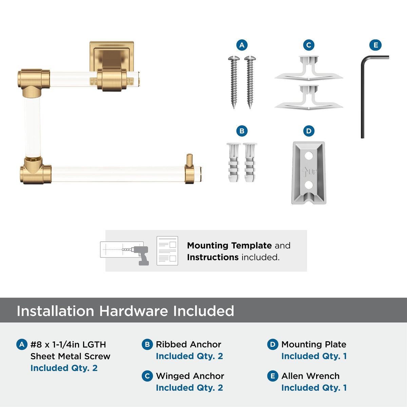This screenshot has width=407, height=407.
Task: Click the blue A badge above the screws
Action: point(242,45)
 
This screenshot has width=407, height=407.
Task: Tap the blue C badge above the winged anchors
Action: point(309,45)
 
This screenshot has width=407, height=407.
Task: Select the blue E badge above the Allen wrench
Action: point(375,45)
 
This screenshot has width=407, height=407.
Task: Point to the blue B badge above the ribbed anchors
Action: point(242,131)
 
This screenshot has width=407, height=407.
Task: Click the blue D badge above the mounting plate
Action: point(309,131)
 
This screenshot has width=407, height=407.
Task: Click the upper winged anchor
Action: point(309,68)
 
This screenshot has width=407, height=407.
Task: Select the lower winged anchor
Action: point(309,97)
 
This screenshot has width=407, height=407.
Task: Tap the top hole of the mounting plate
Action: point(309,156)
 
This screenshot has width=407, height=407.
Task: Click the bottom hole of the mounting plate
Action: point(309,185)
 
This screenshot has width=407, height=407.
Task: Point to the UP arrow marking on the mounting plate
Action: point(305,172)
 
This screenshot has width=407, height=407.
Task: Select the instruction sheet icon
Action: point(167,251)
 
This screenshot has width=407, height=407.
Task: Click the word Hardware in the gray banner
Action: point(134,311)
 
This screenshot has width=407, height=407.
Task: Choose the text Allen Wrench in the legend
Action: point(310,376)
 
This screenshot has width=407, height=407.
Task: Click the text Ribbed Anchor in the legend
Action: point(188,345)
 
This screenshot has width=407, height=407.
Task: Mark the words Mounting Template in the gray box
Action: point(229,246)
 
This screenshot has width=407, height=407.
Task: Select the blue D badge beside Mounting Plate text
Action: point(273,344)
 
